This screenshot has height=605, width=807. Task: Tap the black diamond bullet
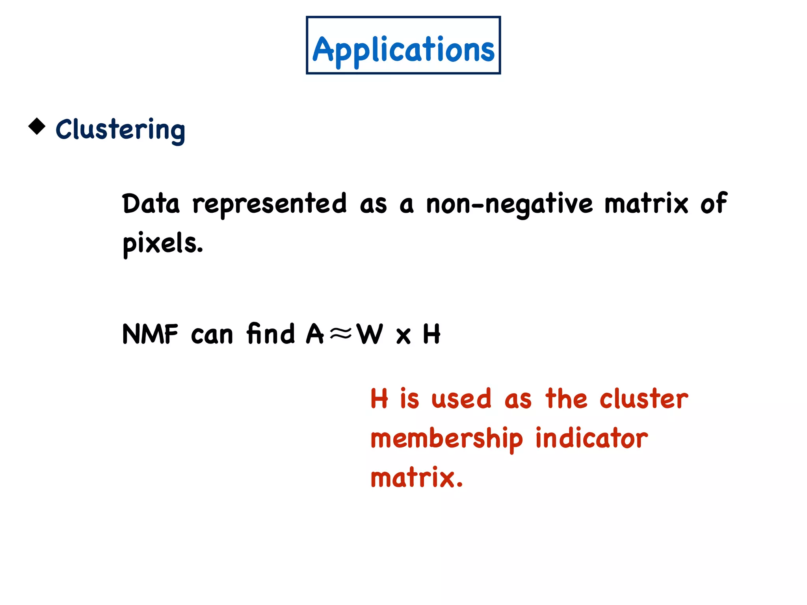(x=37, y=126)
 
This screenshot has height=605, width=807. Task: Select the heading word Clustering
(x=120, y=130)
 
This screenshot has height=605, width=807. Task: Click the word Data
(x=151, y=204)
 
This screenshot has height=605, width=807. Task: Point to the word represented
(x=270, y=204)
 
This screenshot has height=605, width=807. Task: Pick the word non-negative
(x=509, y=204)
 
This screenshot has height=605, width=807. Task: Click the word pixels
(x=162, y=243)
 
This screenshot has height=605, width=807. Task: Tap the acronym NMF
(x=150, y=334)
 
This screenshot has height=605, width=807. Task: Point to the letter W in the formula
(x=370, y=334)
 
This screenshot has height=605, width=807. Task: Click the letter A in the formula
(x=315, y=334)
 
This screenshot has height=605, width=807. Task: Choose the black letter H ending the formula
(x=431, y=334)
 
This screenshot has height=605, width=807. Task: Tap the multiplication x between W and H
(x=403, y=336)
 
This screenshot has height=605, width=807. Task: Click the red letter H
(x=379, y=399)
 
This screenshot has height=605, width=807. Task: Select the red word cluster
(x=643, y=399)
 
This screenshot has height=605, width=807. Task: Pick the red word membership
(x=446, y=439)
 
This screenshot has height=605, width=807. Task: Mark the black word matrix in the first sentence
(x=646, y=204)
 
